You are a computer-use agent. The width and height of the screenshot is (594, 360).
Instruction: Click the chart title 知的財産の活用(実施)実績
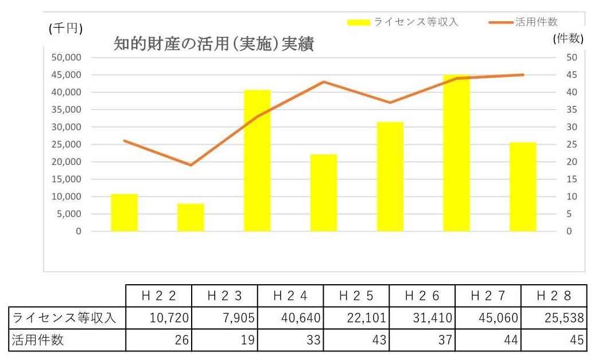[x=213, y=45]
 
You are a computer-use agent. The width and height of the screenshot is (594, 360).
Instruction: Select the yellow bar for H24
[x=257, y=161]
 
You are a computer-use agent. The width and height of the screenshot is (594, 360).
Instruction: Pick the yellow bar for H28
[x=522, y=187]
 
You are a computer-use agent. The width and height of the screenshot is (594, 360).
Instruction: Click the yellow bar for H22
[x=124, y=212]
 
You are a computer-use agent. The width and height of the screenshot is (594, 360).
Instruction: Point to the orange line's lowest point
[x=191, y=165]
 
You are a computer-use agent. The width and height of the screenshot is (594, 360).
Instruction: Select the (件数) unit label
[x=568, y=39]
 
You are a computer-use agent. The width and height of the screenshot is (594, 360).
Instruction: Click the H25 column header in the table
[x=356, y=296]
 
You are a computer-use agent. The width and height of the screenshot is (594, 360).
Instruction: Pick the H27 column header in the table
[x=488, y=296]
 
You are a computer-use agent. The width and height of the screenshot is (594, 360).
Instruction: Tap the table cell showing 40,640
[x=290, y=318]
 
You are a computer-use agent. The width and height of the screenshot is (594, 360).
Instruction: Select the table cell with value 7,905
[x=224, y=318]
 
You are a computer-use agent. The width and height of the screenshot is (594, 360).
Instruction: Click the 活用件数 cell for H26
[x=422, y=340]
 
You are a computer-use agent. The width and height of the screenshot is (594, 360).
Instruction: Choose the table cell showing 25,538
[x=553, y=318]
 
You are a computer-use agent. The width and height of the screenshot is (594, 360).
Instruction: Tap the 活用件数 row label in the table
[x=38, y=340]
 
